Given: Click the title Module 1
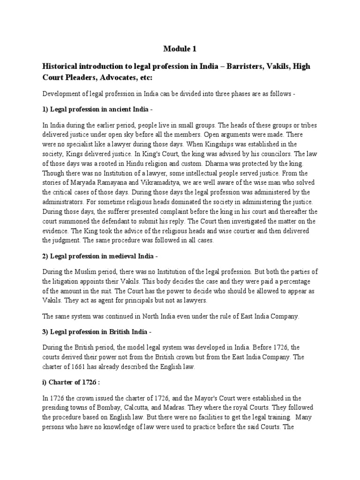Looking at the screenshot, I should click(180, 48).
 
